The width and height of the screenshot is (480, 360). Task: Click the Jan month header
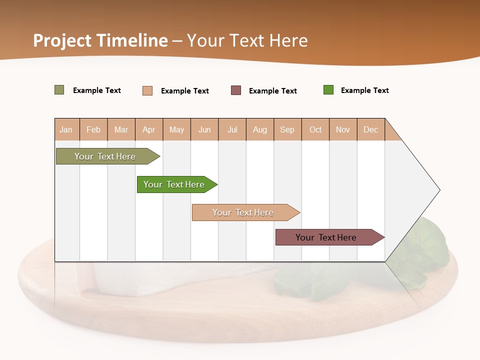66,129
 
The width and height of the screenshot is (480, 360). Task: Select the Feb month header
93,129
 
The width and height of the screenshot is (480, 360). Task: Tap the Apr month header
149,129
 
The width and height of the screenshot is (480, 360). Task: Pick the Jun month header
204,129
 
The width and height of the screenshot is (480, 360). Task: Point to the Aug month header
260,129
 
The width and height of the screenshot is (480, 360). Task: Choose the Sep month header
287,129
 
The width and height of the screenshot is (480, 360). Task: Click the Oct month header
315,129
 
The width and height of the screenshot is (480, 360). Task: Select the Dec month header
371,129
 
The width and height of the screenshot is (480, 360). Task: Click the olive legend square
59,90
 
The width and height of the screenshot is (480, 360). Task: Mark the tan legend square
147,90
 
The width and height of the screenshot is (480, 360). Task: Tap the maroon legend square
236,90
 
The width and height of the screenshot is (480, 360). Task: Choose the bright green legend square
328,90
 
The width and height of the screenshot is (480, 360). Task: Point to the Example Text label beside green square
364,90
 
